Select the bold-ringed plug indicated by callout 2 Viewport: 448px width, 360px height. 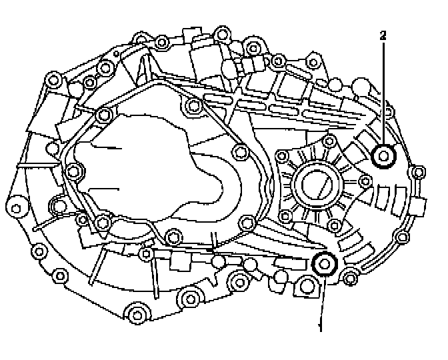[385, 156]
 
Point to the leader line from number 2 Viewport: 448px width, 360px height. [383, 93]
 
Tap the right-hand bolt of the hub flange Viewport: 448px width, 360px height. [364, 180]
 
